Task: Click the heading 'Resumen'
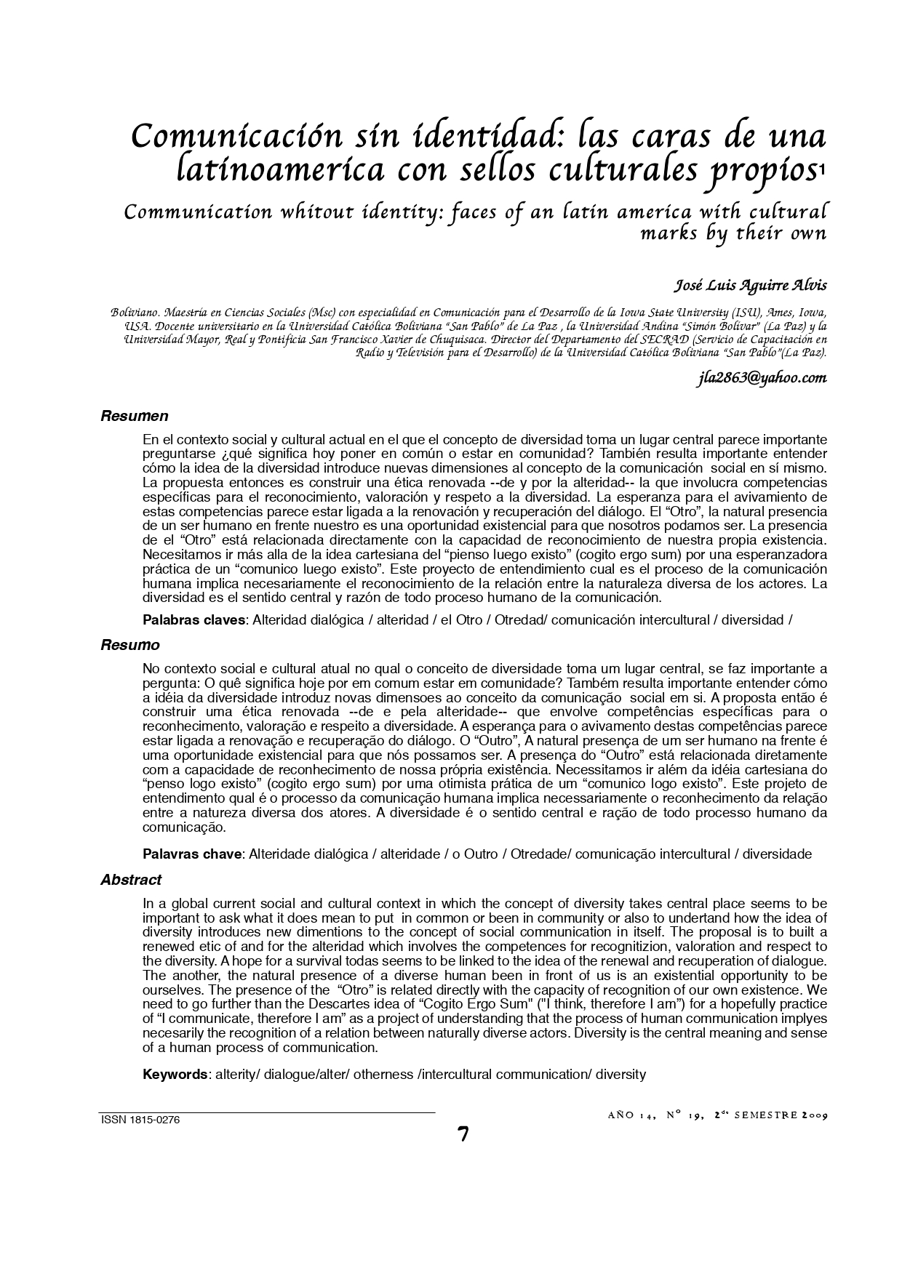[x=134, y=417]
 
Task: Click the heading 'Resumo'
[x=129, y=645]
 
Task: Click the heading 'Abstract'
[x=131, y=880]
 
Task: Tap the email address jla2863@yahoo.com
[x=761, y=378]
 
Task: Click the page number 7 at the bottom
[x=463, y=1134]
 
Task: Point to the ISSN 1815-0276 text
[x=140, y=1120]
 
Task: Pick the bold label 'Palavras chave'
[x=191, y=854]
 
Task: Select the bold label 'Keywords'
[x=175, y=1074]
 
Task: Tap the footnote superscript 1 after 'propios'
[x=821, y=169]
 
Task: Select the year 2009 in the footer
[x=814, y=1115]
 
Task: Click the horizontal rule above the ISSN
[x=267, y=1112]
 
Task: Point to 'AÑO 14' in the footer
[x=632, y=1115]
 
